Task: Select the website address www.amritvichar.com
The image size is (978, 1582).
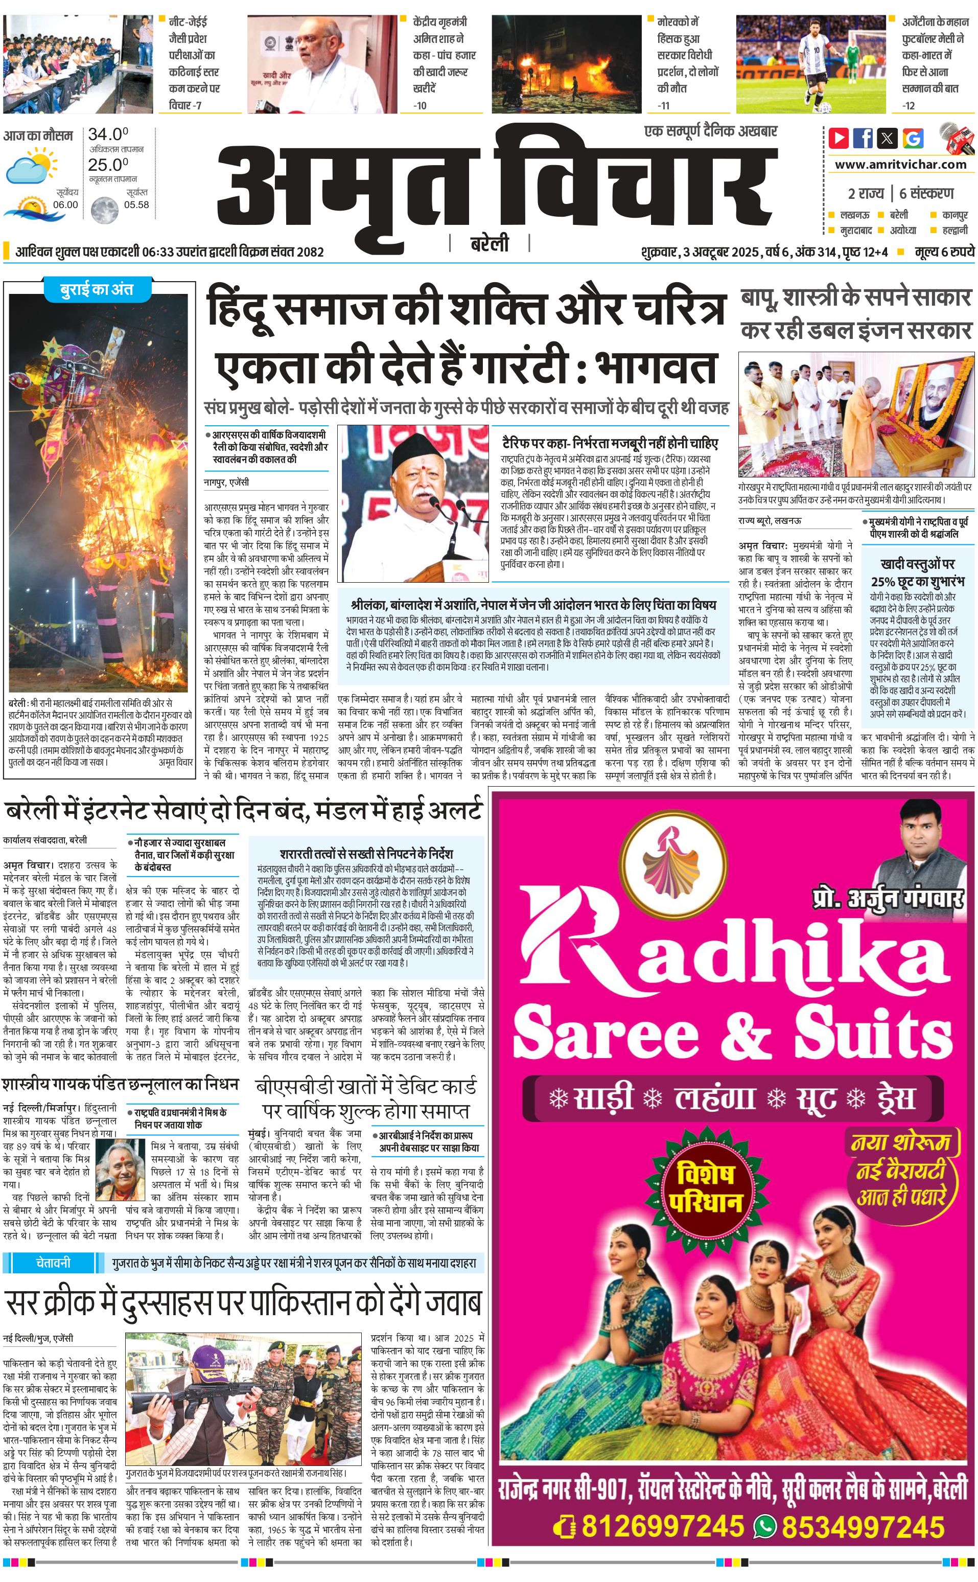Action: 900,165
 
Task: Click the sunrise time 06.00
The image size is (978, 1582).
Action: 65,204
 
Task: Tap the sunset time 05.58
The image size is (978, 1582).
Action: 136,204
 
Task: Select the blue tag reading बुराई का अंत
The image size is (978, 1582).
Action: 97,290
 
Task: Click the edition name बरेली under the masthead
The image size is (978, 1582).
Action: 490,244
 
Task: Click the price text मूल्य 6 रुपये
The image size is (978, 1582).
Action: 944,251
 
